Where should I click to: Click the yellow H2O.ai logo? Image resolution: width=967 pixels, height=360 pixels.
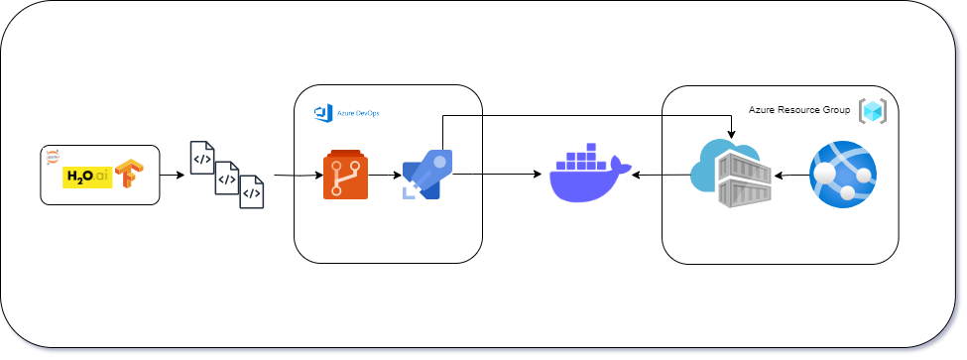pos(86,178)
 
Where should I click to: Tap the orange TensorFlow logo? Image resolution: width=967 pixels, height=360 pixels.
pos(130,174)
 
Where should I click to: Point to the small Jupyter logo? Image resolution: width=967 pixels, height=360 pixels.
pos(53,156)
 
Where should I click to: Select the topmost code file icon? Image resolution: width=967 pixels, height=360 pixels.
pos(202,157)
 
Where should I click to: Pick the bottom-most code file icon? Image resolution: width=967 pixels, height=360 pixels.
pos(252,192)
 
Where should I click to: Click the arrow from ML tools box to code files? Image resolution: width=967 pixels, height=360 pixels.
pos(173,176)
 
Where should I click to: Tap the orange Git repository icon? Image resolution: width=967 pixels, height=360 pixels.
pos(345,176)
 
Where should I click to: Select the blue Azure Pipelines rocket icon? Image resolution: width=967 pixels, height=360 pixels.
pos(427,175)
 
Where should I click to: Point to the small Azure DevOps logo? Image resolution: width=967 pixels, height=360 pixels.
pos(321,112)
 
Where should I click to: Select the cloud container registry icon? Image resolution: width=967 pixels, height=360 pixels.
pos(730,175)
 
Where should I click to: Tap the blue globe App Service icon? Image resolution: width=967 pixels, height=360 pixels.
pos(842,175)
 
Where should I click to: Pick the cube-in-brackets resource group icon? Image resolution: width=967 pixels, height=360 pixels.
pos(873,111)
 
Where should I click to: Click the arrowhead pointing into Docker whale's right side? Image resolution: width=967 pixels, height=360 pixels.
pos(637,177)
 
